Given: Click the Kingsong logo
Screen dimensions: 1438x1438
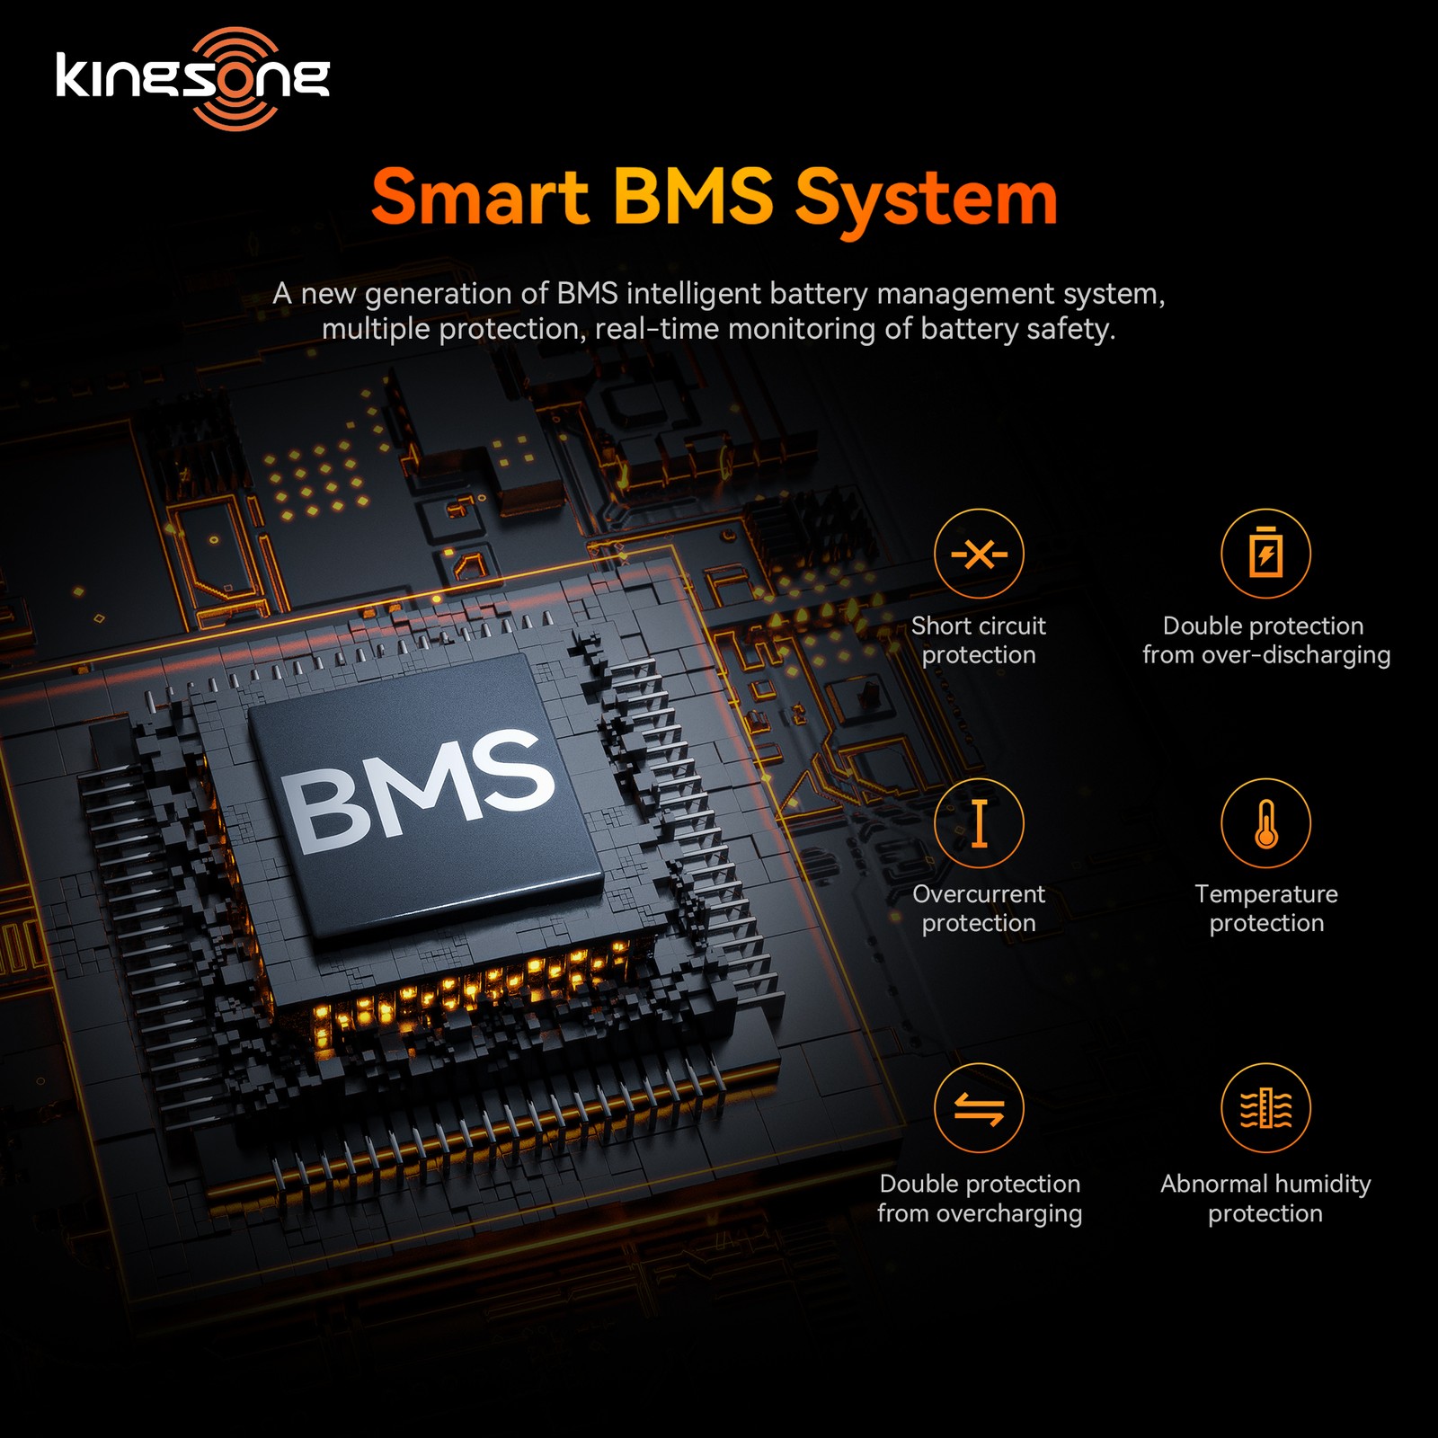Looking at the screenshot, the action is click(x=192, y=78).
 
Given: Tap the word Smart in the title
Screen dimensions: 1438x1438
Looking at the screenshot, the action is click(x=480, y=197).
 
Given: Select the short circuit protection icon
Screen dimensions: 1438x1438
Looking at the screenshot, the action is click(x=979, y=554).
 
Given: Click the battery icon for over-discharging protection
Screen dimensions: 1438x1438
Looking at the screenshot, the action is click(x=1265, y=554).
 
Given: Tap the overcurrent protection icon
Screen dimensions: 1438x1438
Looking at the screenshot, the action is click(x=979, y=823).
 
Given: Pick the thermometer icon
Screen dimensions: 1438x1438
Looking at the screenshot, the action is click(x=1265, y=823).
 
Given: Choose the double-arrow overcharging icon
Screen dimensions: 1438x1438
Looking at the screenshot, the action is click(x=979, y=1107).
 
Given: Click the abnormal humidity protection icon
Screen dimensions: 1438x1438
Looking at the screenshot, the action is click(x=1265, y=1107).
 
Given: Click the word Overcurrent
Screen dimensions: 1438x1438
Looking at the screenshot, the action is click(x=979, y=894).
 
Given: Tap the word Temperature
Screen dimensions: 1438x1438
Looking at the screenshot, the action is click(x=1266, y=894).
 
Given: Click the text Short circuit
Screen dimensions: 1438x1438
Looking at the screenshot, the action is click(x=979, y=626).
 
